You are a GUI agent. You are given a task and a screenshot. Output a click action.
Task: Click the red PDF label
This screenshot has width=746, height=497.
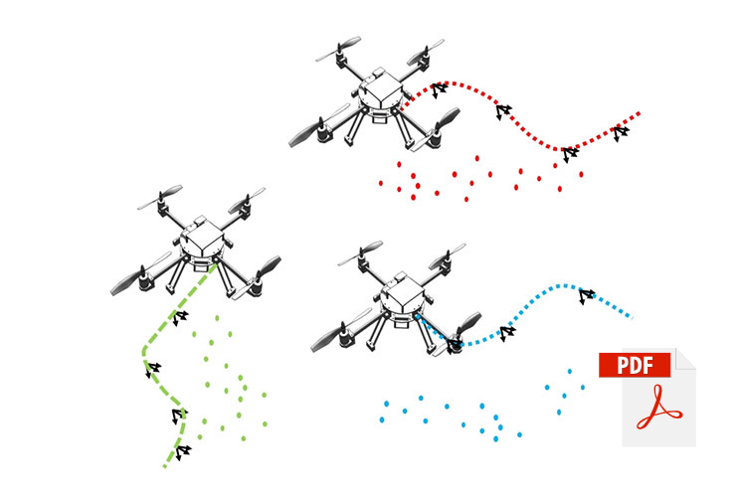pyautogui.click(x=635, y=365)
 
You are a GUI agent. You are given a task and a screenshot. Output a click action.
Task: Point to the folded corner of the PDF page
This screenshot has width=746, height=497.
pyautogui.click(x=685, y=359)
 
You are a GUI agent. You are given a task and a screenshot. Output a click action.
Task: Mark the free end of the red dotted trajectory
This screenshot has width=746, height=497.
pyautogui.click(x=640, y=113)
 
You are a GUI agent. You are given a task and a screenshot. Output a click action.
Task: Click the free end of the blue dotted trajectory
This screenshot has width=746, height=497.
pyautogui.click(x=630, y=317)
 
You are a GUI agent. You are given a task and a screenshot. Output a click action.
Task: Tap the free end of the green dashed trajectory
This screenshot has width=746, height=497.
pyautogui.click(x=164, y=466)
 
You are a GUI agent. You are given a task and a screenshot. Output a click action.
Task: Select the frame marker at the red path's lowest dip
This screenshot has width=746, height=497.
pyautogui.click(x=569, y=154)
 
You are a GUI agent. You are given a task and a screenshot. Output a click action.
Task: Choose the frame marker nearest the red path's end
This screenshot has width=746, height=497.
pyautogui.click(x=621, y=131)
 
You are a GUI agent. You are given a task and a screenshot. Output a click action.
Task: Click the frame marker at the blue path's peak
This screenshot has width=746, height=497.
pyautogui.click(x=586, y=294)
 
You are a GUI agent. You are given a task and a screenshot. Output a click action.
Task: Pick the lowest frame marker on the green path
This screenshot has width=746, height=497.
pyautogui.click(x=182, y=452)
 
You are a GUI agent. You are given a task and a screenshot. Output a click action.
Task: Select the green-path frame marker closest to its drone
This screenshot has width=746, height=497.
pyautogui.click(x=180, y=317)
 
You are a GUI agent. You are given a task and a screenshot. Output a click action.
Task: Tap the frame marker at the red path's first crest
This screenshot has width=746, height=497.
pyautogui.click(x=439, y=88)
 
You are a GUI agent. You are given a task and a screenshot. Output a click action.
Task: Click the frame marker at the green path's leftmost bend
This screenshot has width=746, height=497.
pyautogui.click(x=152, y=370)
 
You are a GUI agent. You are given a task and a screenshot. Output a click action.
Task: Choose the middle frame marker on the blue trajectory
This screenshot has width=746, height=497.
pyautogui.click(x=507, y=332)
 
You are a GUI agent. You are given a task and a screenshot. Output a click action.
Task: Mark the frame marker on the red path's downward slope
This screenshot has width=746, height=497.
pyautogui.click(x=503, y=110)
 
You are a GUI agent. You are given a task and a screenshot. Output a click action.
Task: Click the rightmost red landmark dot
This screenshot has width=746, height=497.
pyautogui.click(x=581, y=174)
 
